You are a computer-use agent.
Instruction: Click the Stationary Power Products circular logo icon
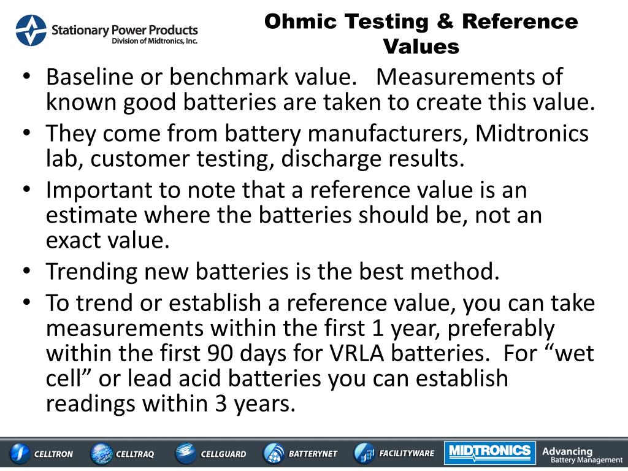click(x=31, y=31)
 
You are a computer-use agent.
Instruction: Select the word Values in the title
click(x=421, y=46)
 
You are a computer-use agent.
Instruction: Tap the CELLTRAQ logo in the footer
click(x=123, y=454)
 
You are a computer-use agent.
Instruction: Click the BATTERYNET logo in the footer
click(x=301, y=454)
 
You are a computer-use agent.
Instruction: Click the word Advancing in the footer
click(x=567, y=451)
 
